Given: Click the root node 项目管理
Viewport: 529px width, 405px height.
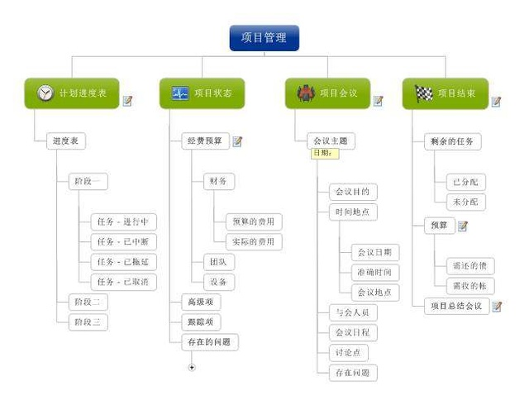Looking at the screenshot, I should click(x=264, y=38).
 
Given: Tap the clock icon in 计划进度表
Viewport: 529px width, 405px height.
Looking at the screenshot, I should click(x=45, y=93).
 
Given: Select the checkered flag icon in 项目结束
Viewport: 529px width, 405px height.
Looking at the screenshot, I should click(x=423, y=93).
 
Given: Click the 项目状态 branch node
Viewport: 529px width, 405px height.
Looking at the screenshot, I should click(x=202, y=93).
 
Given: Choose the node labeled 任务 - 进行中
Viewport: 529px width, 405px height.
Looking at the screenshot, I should click(x=123, y=222).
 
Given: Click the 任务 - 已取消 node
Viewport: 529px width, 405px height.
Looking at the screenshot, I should click(x=123, y=281).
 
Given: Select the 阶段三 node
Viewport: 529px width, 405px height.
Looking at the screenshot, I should click(x=88, y=322).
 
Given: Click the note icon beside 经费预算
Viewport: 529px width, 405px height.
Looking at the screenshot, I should click(x=238, y=141).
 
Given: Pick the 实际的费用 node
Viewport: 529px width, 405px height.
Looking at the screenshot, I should click(x=253, y=241).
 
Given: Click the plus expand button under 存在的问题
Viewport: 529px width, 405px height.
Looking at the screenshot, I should click(x=193, y=367).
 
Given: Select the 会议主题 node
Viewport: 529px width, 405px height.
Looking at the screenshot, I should click(x=331, y=141).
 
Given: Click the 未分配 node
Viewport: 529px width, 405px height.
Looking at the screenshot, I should click(x=465, y=202).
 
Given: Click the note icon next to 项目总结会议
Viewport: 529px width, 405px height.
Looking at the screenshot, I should click(x=497, y=306).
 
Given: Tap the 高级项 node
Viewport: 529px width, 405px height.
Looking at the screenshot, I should click(x=201, y=302).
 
